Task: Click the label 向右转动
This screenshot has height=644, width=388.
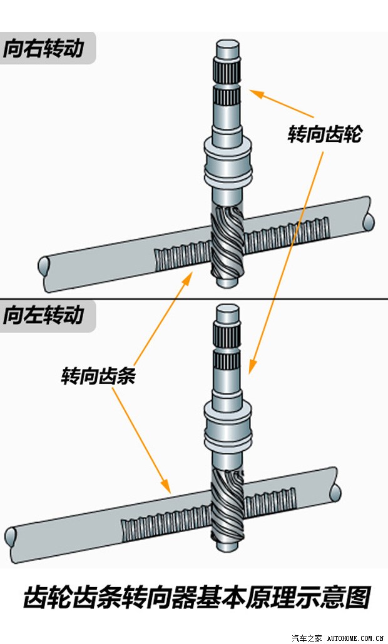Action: [x=43, y=49]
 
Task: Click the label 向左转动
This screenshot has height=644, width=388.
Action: [x=43, y=314]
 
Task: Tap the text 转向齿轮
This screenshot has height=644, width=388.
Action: [x=324, y=134]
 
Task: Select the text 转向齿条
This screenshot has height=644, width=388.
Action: [x=98, y=377]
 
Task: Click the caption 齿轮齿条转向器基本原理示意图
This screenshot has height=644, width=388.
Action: [x=197, y=597]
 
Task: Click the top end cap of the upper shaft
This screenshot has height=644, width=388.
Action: [x=228, y=48]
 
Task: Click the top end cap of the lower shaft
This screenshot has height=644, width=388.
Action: [x=228, y=313]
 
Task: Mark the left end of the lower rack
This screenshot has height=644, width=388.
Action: [x=11, y=536]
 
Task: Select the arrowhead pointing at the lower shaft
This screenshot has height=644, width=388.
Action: [x=252, y=369]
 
